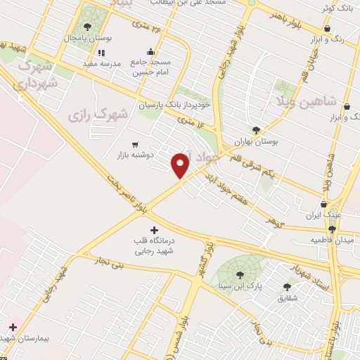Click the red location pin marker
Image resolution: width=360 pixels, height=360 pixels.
pyautogui.click(x=181, y=166)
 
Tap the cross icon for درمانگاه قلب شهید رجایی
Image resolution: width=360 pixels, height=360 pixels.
pyautogui.click(x=155, y=230)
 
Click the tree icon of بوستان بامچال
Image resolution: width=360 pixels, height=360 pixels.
pyautogui.click(x=87, y=27)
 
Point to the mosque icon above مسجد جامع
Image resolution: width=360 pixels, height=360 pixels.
pyautogui.click(x=150, y=52)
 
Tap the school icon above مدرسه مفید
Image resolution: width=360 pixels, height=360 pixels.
pyautogui.click(x=101, y=52)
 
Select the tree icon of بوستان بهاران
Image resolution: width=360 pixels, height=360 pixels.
pyautogui.click(x=256, y=130)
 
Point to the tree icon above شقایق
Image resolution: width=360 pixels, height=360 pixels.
pyautogui.click(x=286, y=286)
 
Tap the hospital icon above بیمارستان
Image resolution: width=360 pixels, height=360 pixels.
pyautogui.click(x=13, y=327)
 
